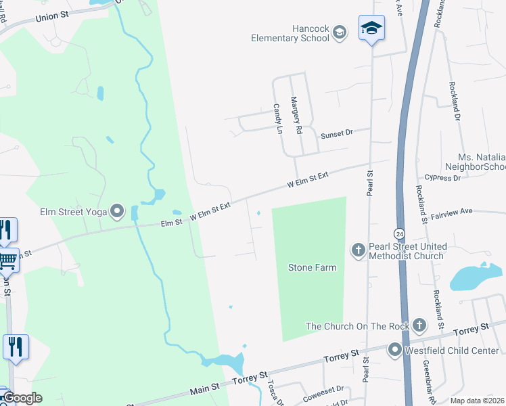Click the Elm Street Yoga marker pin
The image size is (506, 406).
tap(118, 212)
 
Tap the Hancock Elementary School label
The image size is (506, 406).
tap(290, 33)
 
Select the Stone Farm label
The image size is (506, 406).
tap(312, 268)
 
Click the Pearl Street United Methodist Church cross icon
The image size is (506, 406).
tap(359, 251)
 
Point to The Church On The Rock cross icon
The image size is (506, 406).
tap(419, 325)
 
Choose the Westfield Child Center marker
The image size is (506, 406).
tap(394, 350)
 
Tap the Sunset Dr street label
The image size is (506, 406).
tap(337, 135)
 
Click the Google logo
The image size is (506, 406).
tap(23, 398)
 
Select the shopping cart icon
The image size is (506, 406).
tap(7, 259)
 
